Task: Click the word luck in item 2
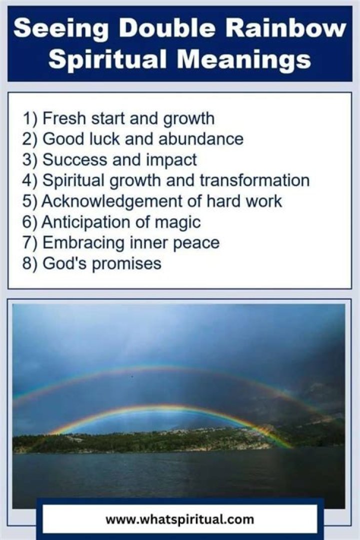pyautogui.click(x=108, y=139)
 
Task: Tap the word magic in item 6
pyautogui.click(x=177, y=221)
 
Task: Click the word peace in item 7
pyautogui.click(x=196, y=242)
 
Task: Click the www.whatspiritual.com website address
pyautogui.click(x=179, y=519)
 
